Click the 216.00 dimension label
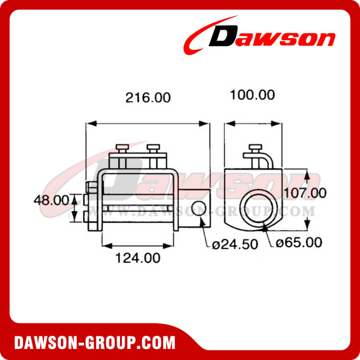coord(148,98)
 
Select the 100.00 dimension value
coord(252,95)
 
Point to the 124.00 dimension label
coord(138,258)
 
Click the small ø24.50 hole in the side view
coord(200,208)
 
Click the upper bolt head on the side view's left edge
coord(88,187)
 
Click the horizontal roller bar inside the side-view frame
coord(139,209)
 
